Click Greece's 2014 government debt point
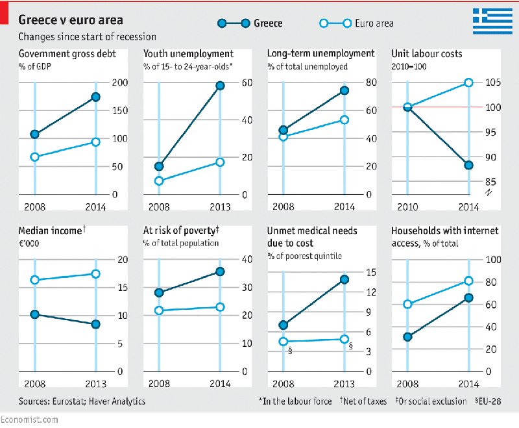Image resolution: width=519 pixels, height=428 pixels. [95, 97]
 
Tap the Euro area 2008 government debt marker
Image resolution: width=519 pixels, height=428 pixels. [34, 157]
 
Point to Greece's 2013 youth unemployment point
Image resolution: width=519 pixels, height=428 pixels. [220, 86]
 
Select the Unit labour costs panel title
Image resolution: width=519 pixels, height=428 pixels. [427, 54]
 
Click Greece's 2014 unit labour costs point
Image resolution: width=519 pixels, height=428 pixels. [468, 165]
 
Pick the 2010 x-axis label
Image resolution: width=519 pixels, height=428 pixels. [407, 207]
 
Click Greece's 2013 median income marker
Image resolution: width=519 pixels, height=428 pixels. [95, 324]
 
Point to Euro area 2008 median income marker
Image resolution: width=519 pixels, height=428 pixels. [34, 280]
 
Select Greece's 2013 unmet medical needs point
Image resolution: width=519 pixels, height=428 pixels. [344, 279]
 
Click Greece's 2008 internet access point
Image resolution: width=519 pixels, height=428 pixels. [407, 336]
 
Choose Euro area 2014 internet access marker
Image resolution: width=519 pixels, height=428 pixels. [468, 281]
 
